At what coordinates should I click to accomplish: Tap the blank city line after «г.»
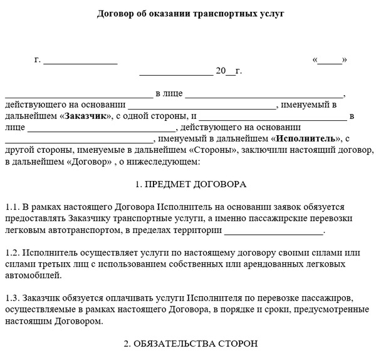coord(80,61)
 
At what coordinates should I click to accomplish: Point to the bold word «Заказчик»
coord(87,116)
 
